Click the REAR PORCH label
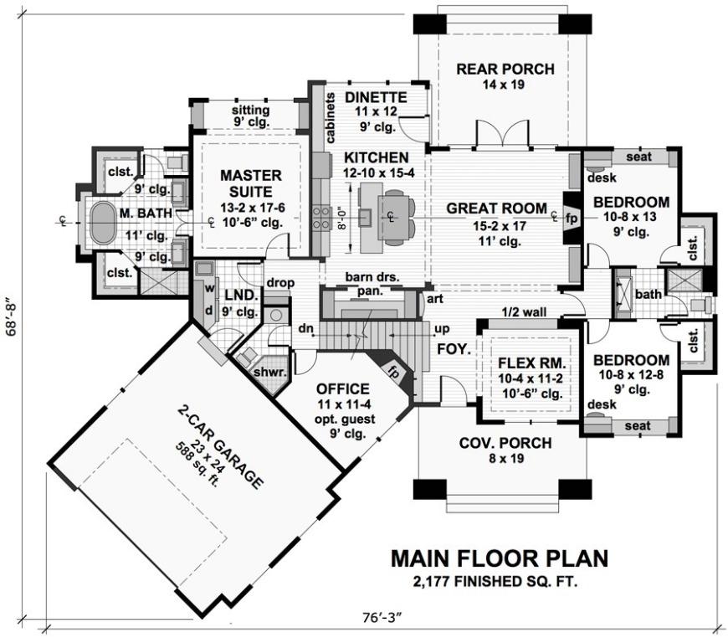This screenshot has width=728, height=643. [x=505, y=69]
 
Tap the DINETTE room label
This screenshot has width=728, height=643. [x=377, y=97]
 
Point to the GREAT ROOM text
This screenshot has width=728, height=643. [x=495, y=208]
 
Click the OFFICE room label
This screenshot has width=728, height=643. [x=342, y=388]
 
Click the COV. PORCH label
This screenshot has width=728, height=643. [x=504, y=444]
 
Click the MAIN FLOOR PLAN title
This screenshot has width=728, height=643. [x=500, y=558]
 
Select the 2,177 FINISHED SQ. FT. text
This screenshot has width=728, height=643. [x=500, y=580]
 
